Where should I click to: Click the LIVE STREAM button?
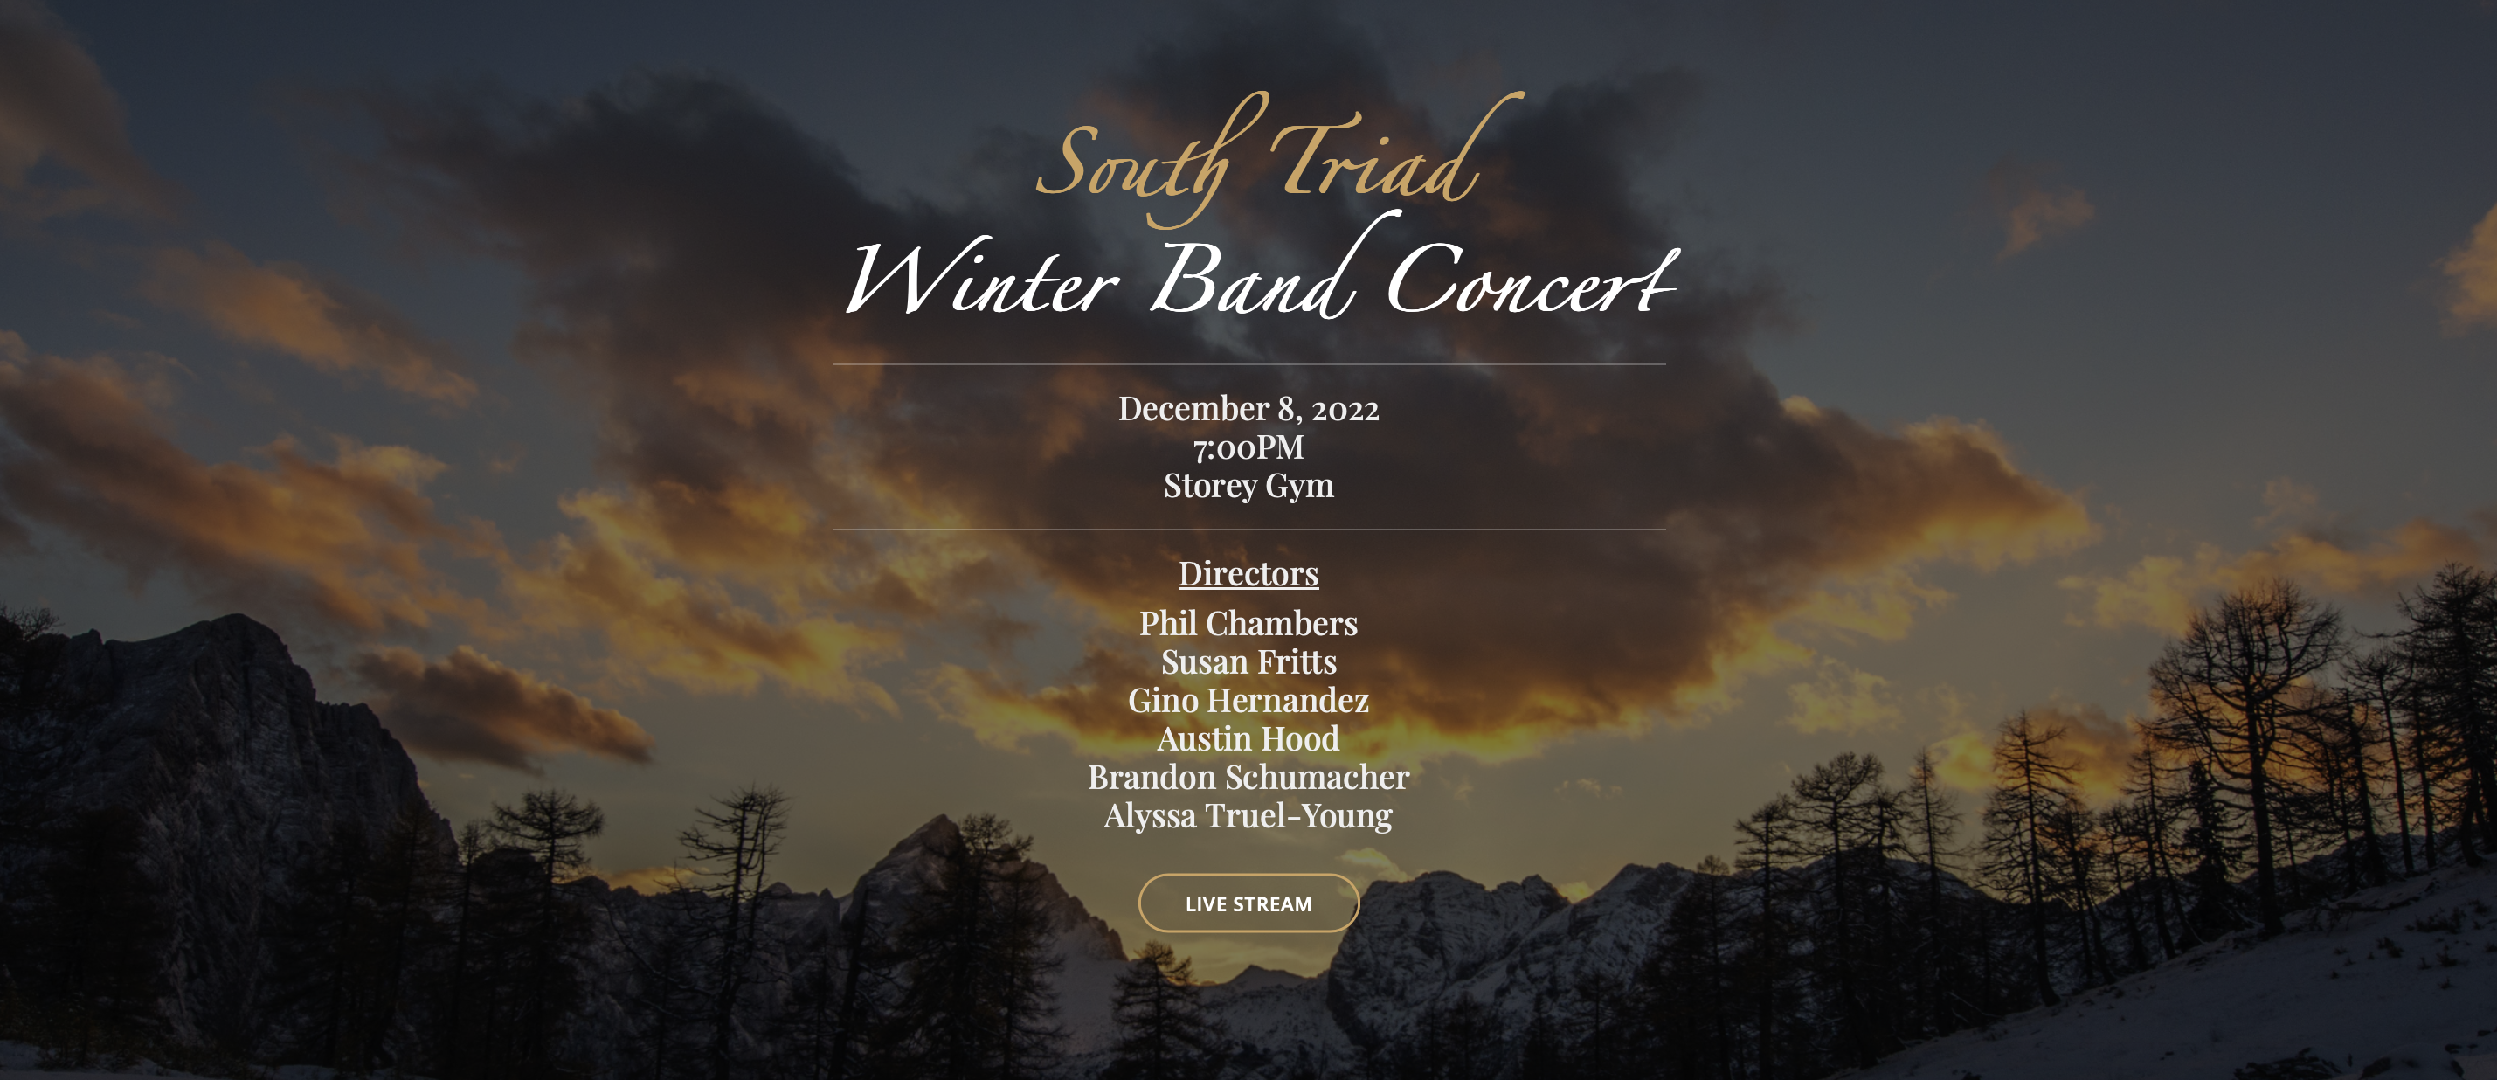coord(1248,903)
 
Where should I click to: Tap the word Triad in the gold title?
coord(1396,150)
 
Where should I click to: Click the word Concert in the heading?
coord(1532,280)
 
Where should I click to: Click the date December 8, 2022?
coord(1248,409)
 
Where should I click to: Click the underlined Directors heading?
coord(1248,573)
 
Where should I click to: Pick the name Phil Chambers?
coord(1248,622)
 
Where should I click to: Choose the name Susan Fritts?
coord(1248,661)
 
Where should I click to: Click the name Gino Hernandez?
coord(1248,700)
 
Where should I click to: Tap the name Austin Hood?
coord(1248,738)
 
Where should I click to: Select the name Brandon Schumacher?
coord(1248,777)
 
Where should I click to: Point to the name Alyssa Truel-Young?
coord(1248,816)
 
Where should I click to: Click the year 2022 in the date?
coord(1345,410)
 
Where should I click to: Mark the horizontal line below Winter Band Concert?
coord(1248,364)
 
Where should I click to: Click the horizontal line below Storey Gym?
coord(1248,530)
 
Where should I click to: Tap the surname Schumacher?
coord(1318,777)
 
